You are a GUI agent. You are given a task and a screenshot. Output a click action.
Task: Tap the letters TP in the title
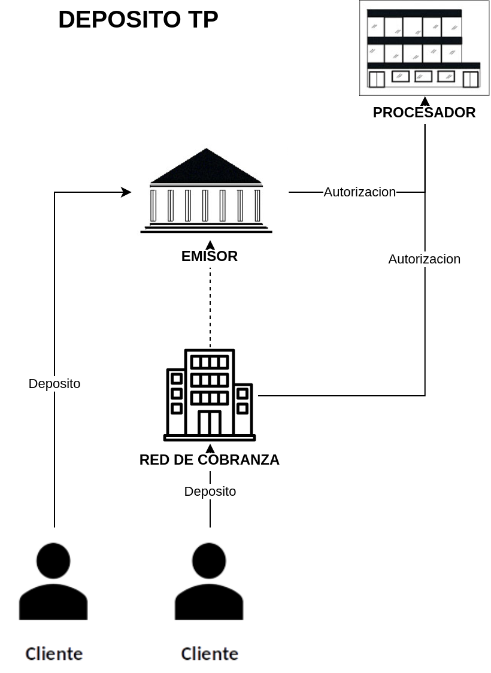click(202, 20)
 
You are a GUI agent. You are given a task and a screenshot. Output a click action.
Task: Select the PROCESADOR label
click(424, 113)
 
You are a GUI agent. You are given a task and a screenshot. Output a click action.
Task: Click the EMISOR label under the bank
click(210, 256)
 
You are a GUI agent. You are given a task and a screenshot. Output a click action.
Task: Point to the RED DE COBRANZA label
click(210, 460)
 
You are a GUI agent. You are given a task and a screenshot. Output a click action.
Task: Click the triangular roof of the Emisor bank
click(206, 168)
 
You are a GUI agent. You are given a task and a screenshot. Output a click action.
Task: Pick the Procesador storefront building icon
click(424, 48)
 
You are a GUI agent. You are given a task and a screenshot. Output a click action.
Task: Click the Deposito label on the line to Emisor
click(54, 384)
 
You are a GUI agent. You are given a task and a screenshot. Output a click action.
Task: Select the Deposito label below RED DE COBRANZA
click(210, 492)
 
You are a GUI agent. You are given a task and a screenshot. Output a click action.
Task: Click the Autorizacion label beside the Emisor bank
click(360, 192)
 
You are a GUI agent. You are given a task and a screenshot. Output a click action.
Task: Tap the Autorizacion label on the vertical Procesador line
click(425, 259)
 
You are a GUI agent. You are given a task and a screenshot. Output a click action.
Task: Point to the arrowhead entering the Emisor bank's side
click(126, 192)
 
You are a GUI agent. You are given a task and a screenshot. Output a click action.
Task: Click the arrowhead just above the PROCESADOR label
click(425, 101)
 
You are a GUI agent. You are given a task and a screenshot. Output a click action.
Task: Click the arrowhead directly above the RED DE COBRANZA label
click(210, 448)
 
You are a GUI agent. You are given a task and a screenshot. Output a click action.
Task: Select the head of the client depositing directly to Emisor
click(53, 561)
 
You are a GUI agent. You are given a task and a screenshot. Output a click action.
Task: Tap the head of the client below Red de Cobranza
click(209, 561)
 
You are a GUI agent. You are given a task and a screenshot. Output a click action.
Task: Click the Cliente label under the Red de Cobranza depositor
click(210, 653)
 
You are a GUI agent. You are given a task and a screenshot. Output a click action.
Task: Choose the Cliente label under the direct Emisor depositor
click(54, 653)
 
